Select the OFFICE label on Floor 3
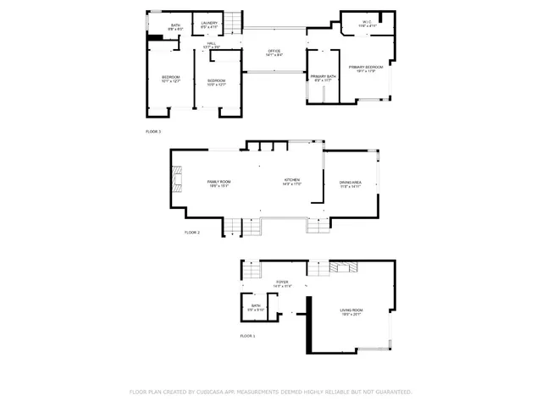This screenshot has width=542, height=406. click(274, 52)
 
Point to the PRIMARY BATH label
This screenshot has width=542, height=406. click(324, 78)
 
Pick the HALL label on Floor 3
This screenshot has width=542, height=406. click(211, 44)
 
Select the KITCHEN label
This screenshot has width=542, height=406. click(292, 183)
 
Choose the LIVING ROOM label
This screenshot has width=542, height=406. click(351, 313)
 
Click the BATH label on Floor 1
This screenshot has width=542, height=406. click(256, 307)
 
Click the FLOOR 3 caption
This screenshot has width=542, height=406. click(153, 132)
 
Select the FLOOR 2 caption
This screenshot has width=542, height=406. click(192, 232)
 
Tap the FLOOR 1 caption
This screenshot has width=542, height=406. click(247, 336)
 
